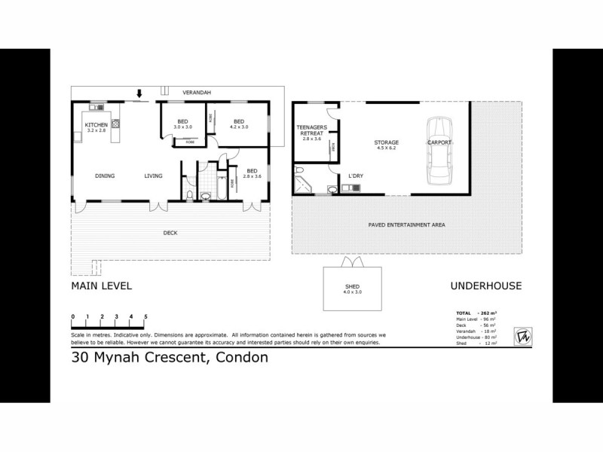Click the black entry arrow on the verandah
pyautogui.click(x=139, y=94)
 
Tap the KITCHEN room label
pyautogui.click(x=96, y=125)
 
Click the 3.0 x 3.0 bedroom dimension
pyautogui.click(x=182, y=127)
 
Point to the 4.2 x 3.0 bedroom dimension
pyautogui.click(x=238, y=127)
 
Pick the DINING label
pyautogui.click(x=105, y=176)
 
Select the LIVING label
pyautogui.click(x=154, y=176)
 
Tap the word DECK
pyautogui.click(x=170, y=233)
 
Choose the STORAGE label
pyautogui.click(x=387, y=142)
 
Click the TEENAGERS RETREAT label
pyautogui.click(x=311, y=130)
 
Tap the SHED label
pyautogui.click(x=352, y=287)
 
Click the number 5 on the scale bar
pyautogui.click(x=145, y=316)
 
